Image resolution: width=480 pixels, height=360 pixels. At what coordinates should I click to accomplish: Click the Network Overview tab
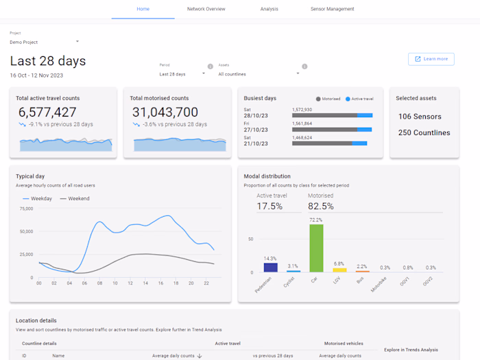206,9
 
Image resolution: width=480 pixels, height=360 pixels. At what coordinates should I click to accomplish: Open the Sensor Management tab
332,9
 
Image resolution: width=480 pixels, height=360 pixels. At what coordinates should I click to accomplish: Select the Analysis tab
269,9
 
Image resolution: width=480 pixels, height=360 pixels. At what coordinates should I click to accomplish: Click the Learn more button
431,59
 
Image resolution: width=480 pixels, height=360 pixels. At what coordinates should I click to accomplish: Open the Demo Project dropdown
44,42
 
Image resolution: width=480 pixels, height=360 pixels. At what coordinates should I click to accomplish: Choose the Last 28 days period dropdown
182,74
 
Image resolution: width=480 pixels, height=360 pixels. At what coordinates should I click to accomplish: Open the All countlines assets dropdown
259,74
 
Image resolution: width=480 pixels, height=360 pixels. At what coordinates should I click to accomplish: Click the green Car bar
316,248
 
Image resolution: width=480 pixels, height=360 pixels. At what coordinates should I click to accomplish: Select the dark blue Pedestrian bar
270,267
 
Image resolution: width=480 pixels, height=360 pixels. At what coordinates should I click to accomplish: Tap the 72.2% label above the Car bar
316,220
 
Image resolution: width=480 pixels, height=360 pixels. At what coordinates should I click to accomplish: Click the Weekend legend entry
75,199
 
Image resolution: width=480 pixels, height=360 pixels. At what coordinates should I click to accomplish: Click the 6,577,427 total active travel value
47,112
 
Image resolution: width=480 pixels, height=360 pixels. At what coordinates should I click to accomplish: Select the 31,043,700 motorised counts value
165,112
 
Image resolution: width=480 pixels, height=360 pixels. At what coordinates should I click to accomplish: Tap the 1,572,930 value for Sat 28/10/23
302,110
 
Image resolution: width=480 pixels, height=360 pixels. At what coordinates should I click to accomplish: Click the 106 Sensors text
420,117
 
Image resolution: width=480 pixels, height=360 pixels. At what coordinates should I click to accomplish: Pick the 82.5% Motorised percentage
320,206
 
